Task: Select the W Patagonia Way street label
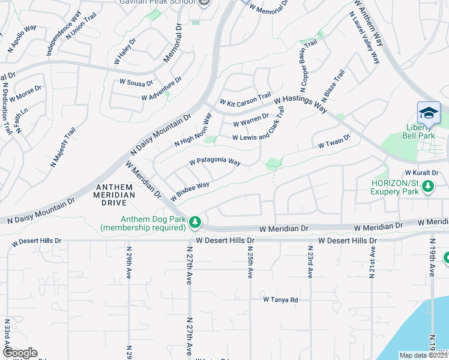214,162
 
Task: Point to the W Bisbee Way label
190,191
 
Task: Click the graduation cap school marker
429,113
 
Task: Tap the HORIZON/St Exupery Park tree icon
428,187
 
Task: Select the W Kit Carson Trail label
245,100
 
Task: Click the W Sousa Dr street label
136,82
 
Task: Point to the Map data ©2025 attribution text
423,355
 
